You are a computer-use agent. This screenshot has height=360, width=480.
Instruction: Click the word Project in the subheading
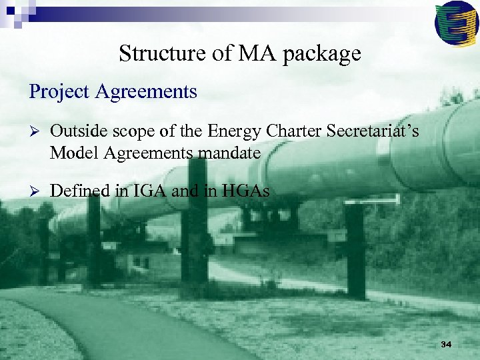[59, 91]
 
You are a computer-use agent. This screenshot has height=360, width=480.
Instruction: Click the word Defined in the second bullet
[79, 191]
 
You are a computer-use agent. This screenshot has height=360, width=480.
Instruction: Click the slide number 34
[446, 344]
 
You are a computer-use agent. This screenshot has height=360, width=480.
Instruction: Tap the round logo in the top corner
[456, 22]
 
